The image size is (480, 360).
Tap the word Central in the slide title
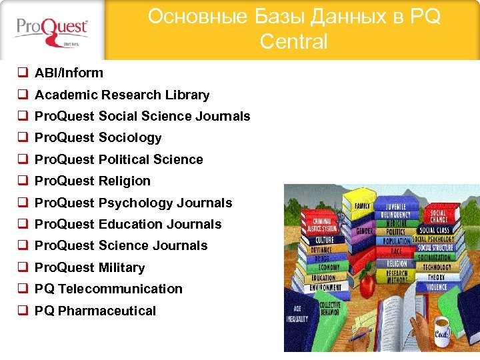[x=293, y=42]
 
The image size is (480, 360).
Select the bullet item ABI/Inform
[x=69, y=73]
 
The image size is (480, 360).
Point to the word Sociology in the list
[x=130, y=138]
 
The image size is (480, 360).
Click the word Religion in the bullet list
[x=125, y=181]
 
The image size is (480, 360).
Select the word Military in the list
[x=121, y=268]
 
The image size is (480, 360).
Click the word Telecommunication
[x=120, y=289]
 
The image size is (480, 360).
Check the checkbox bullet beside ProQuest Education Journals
[x=22, y=225]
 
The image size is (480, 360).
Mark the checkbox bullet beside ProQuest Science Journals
[x=22, y=246]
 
